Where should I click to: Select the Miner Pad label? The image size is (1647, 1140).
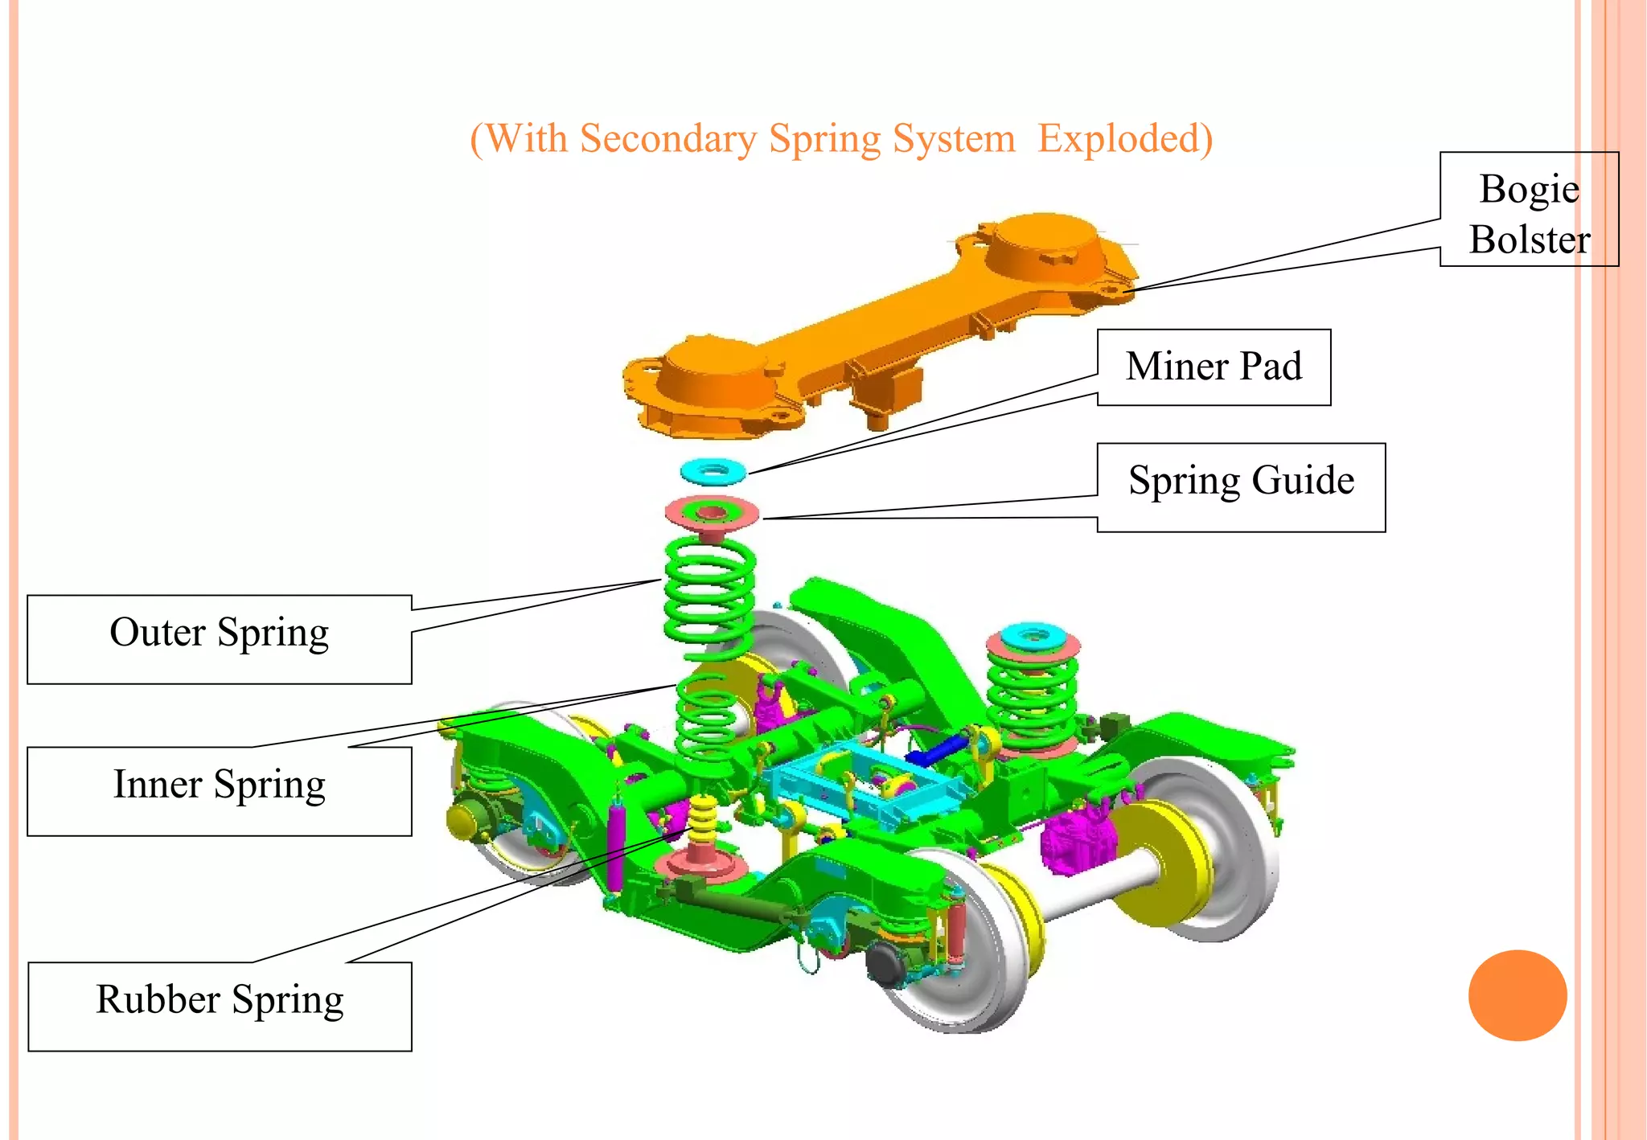pos(1213,367)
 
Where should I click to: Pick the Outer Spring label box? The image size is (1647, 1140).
pos(219,638)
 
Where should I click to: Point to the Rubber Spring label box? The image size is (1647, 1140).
pos(219,1005)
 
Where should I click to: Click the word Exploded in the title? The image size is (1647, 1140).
pos(1124,138)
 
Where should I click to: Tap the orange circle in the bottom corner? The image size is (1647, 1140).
pos(1517,994)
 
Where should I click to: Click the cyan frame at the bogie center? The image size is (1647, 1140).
pos(852,784)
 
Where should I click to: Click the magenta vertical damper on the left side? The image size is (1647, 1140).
pos(615,844)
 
